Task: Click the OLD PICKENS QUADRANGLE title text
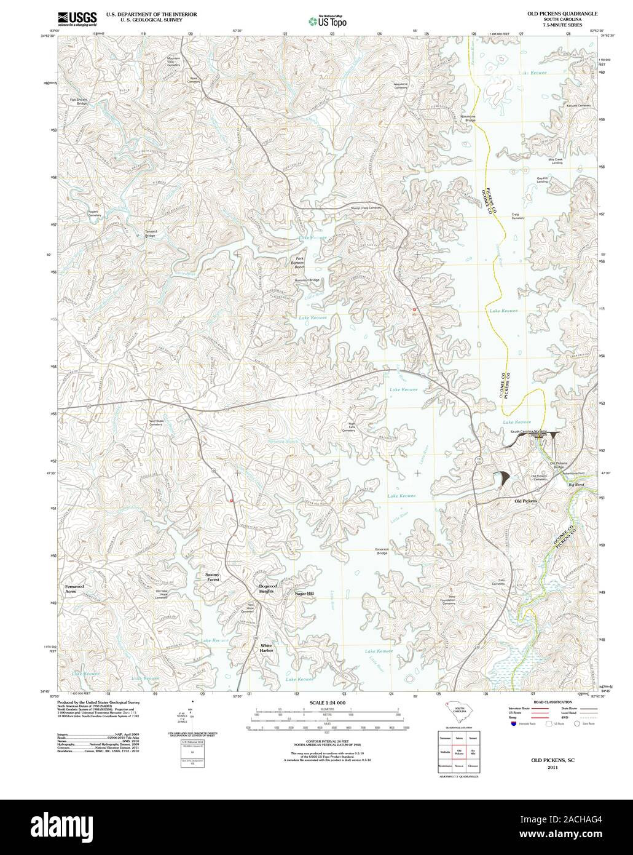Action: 558,13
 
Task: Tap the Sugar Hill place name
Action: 304,593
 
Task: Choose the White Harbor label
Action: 266,648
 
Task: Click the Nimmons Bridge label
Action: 470,117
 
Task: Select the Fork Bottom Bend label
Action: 299,263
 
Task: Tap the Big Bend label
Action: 576,485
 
